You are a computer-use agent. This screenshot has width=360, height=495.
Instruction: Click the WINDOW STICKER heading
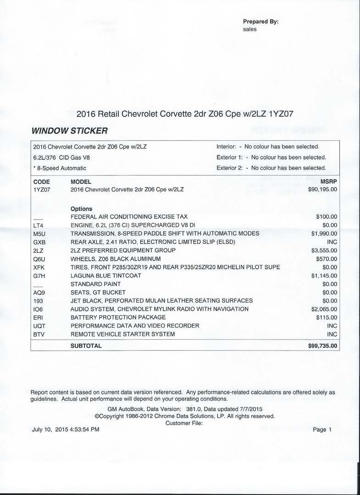(x=69, y=131)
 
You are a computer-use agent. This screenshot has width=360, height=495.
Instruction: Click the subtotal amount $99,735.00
(x=322, y=346)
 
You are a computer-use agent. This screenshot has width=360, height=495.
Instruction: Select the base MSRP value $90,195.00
(x=322, y=189)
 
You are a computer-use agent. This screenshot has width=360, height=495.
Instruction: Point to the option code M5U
(x=39, y=233)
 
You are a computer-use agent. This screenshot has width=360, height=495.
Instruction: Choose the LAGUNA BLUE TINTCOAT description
(x=105, y=275)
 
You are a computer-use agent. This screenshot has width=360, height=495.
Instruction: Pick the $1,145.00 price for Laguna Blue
(x=324, y=275)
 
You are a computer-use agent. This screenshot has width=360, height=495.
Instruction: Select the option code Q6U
(x=39, y=259)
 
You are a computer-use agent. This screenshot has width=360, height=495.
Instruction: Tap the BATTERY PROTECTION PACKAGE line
(x=118, y=317)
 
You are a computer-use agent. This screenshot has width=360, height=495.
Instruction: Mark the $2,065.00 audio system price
(x=324, y=309)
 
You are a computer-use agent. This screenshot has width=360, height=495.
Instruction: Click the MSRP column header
(x=329, y=181)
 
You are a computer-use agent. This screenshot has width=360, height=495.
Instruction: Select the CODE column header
(x=42, y=181)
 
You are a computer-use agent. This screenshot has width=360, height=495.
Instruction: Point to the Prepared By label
(x=260, y=22)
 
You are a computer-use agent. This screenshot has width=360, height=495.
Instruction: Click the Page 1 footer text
(x=321, y=429)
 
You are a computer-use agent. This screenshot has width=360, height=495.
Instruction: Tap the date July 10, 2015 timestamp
(x=66, y=429)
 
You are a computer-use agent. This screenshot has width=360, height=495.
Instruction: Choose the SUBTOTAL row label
(x=86, y=346)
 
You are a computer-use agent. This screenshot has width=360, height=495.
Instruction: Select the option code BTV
(x=39, y=334)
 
